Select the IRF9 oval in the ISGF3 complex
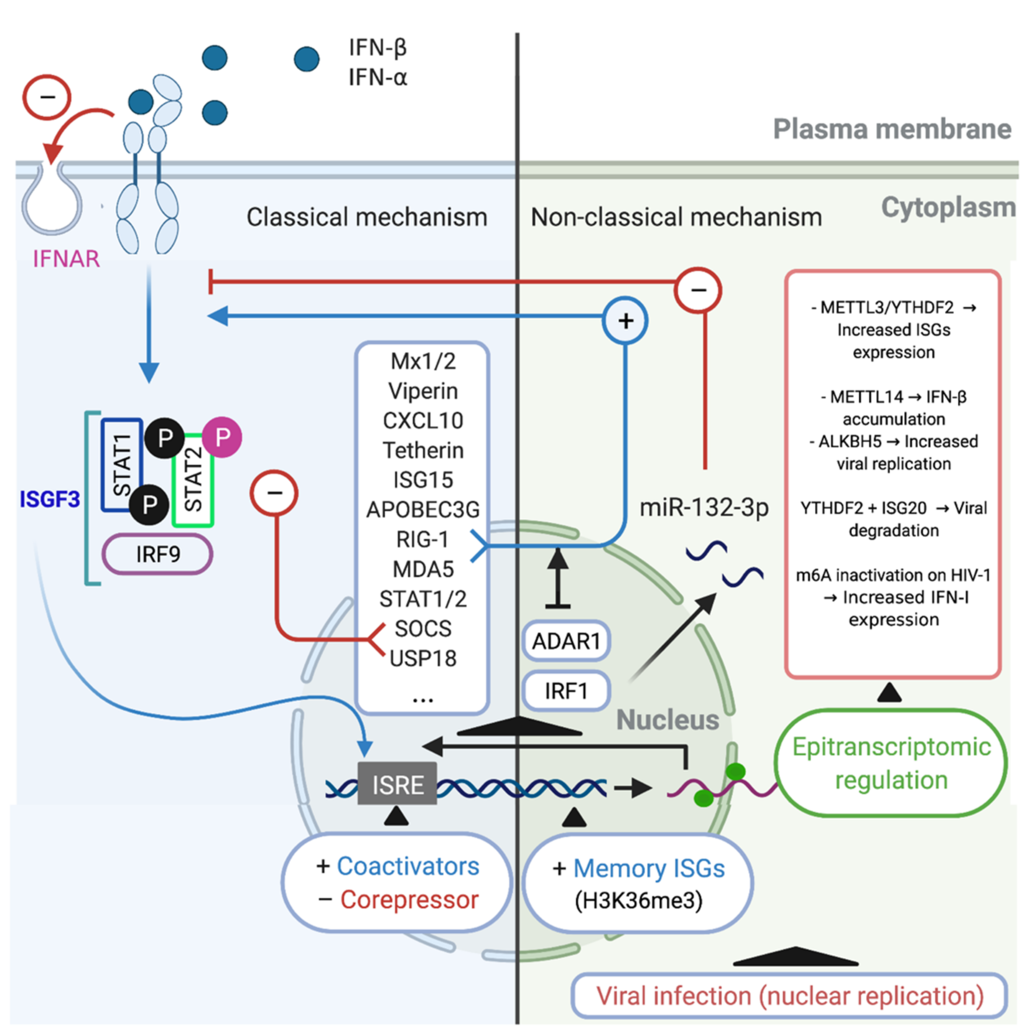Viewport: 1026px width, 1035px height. coord(158,554)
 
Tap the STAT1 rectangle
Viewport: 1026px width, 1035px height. coord(122,464)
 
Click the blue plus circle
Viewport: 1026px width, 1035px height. coord(625,321)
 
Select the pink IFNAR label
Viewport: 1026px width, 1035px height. coord(66,259)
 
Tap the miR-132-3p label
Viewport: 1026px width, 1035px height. coord(704,507)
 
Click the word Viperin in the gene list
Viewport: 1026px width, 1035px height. coord(423,391)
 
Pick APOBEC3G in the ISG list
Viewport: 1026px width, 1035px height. coord(423,509)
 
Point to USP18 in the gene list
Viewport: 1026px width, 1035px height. coord(423,658)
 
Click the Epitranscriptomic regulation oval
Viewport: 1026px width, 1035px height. coord(891,763)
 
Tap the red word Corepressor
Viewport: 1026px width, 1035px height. coord(409,900)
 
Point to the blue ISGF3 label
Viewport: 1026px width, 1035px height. coord(50,499)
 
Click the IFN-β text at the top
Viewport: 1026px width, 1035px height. coord(378,48)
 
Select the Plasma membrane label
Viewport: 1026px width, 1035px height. coord(892,129)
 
